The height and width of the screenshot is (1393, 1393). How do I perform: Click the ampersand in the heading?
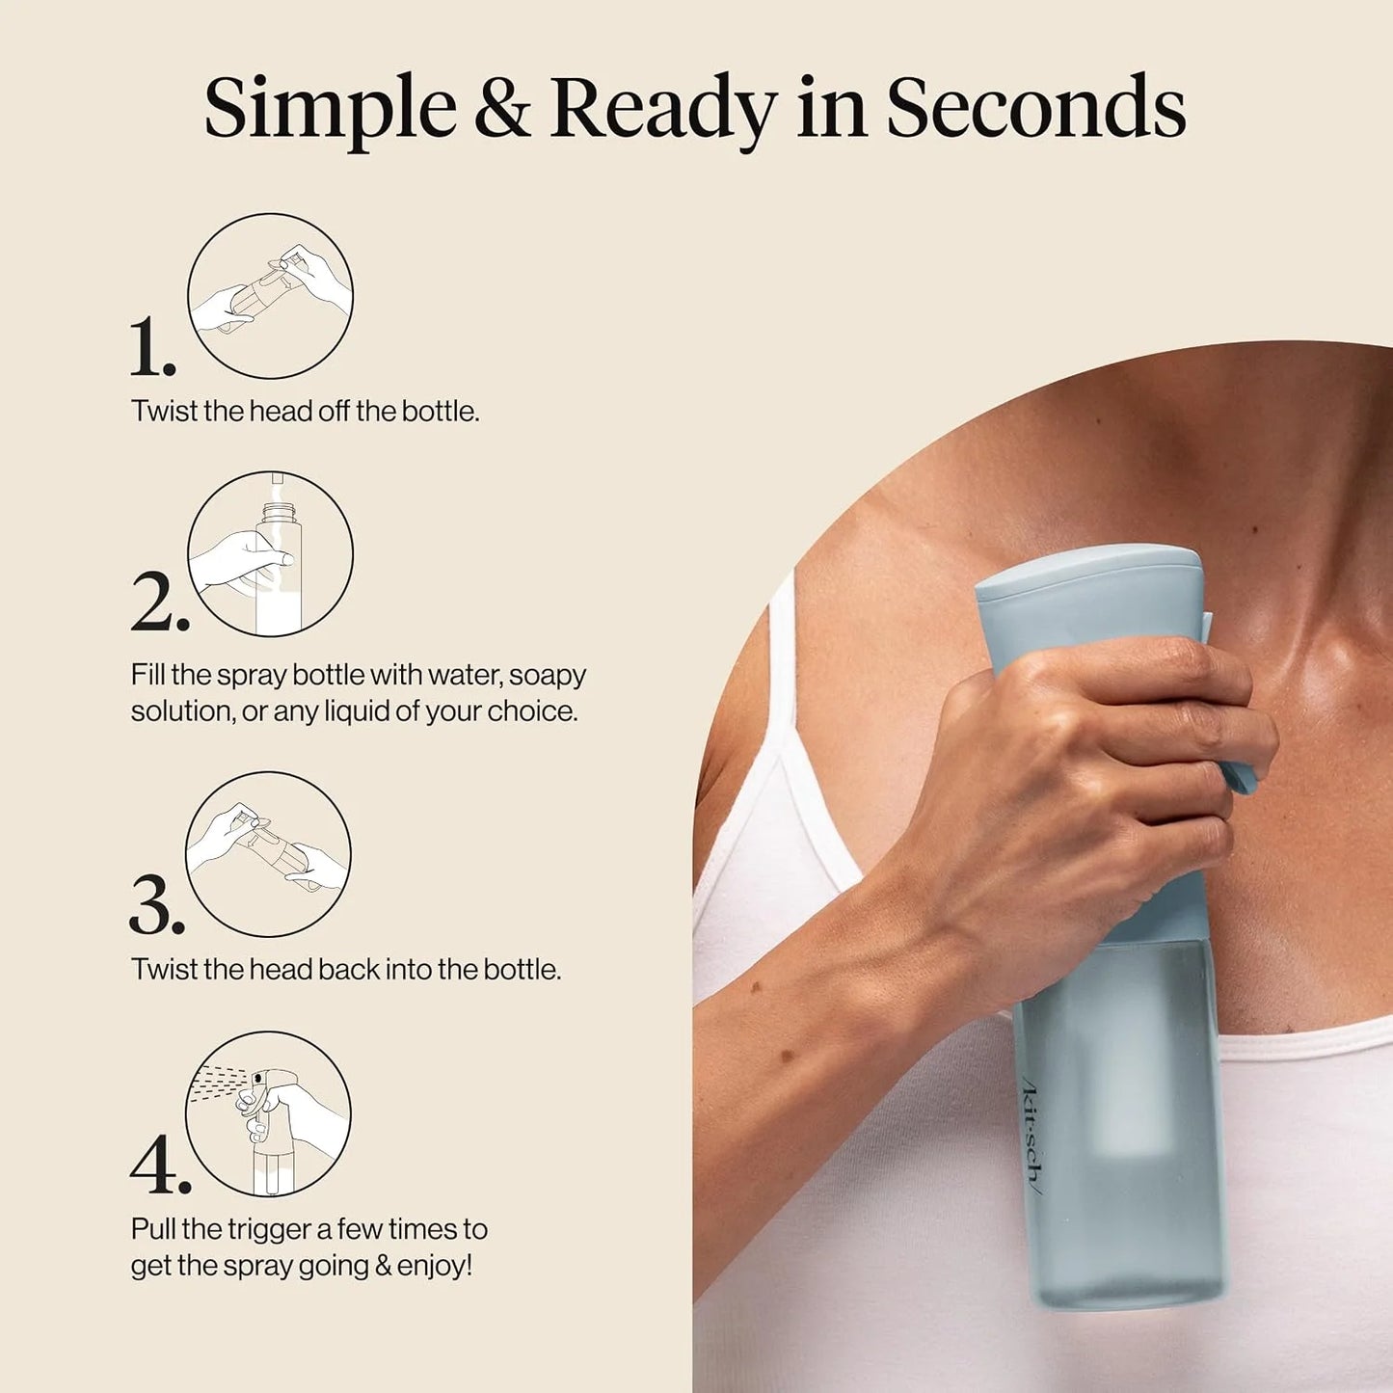point(502,108)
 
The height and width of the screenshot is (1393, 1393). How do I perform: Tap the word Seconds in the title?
point(1036,107)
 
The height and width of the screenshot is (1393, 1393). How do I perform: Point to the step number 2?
point(159,603)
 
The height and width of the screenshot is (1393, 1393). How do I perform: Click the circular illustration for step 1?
point(270,296)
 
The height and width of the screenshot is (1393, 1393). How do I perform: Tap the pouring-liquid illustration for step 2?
point(270,554)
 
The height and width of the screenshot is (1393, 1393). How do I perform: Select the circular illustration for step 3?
point(268,854)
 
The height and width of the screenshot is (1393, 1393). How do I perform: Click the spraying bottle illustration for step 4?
point(268,1114)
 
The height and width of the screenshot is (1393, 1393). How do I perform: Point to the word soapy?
point(548,677)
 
